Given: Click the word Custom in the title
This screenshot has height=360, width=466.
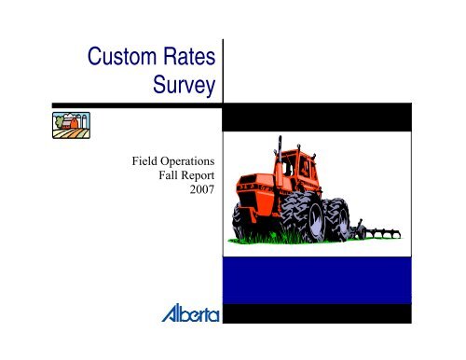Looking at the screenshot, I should click(x=116, y=60).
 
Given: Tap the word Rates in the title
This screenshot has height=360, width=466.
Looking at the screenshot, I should click(x=187, y=60).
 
